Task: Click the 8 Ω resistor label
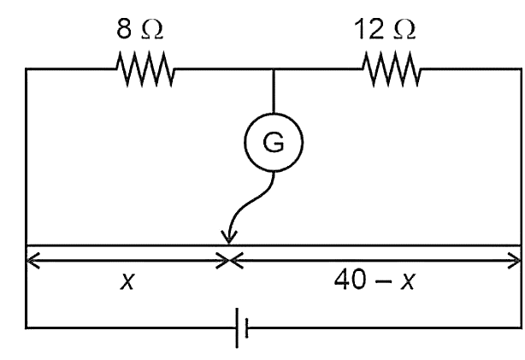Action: coord(139,29)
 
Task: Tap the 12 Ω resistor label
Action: coord(385,29)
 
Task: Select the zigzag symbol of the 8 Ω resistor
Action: coord(145,69)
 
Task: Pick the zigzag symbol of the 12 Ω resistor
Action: coord(392,69)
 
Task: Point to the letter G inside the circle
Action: coord(274,143)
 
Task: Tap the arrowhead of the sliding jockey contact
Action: coord(229,237)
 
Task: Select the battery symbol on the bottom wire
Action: coord(242,328)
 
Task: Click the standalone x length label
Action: coord(127,281)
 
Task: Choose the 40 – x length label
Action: coord(375,280)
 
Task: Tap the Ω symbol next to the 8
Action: coord(152,30)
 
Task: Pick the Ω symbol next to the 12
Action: coord(404,30)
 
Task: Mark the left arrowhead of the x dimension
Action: coord(32,260)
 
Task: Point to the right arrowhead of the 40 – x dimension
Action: coord(514,260)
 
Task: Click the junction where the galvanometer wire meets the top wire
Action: coord(274,69)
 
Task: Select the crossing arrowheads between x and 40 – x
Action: coord(229,260)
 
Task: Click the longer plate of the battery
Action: coord(237,328)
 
